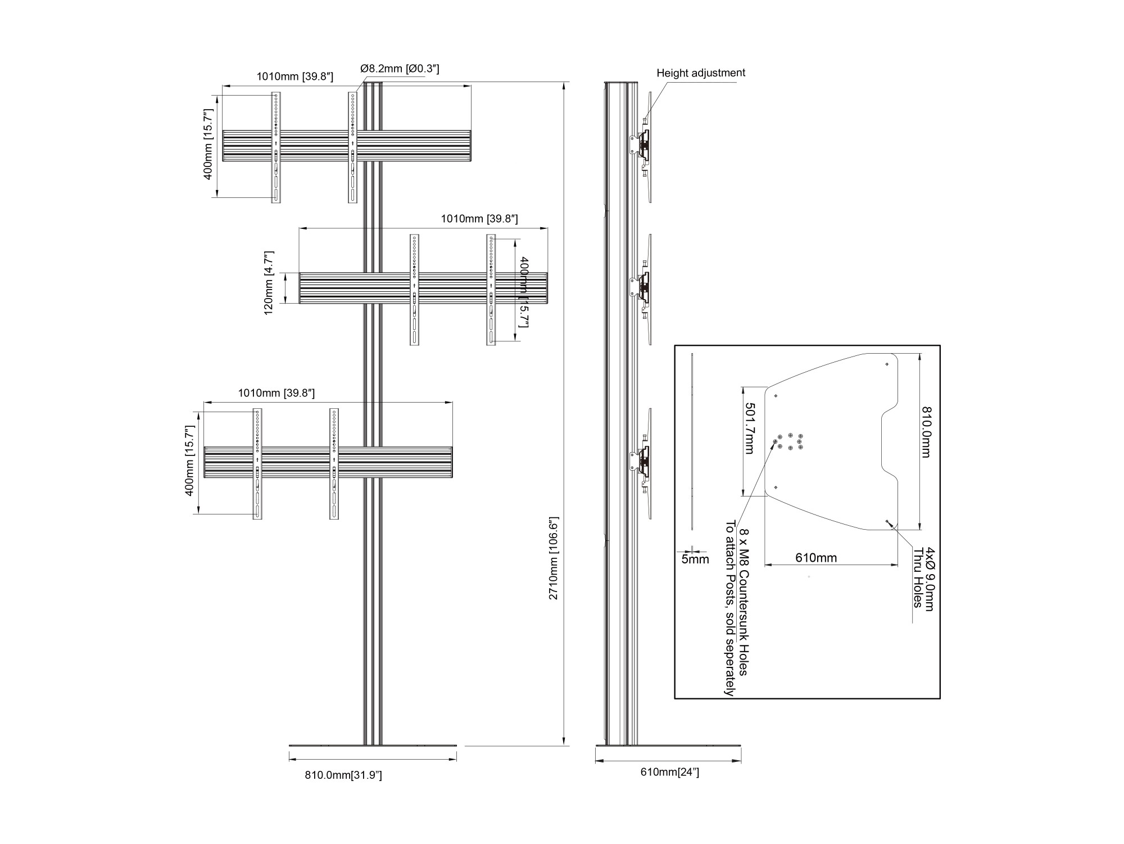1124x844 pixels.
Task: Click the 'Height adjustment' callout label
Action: point(701,73)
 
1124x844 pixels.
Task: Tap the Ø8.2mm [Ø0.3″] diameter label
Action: point(400,69)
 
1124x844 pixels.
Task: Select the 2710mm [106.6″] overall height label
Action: point(554,558)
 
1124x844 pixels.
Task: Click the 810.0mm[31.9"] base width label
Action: point(343,775)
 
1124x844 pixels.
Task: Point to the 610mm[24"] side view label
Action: point(670,772)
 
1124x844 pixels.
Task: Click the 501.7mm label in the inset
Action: point(750,428)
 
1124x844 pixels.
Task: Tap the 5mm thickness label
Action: point(695,559)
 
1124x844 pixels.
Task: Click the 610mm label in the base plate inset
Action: point(816,558)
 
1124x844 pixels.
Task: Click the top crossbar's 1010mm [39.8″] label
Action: point(295,76)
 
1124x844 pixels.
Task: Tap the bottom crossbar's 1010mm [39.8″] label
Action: point(276,392)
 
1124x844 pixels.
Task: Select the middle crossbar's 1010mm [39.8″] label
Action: point(479,218)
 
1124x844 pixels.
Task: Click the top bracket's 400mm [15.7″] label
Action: point(208,145)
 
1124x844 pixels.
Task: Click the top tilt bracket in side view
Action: point(642,146)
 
